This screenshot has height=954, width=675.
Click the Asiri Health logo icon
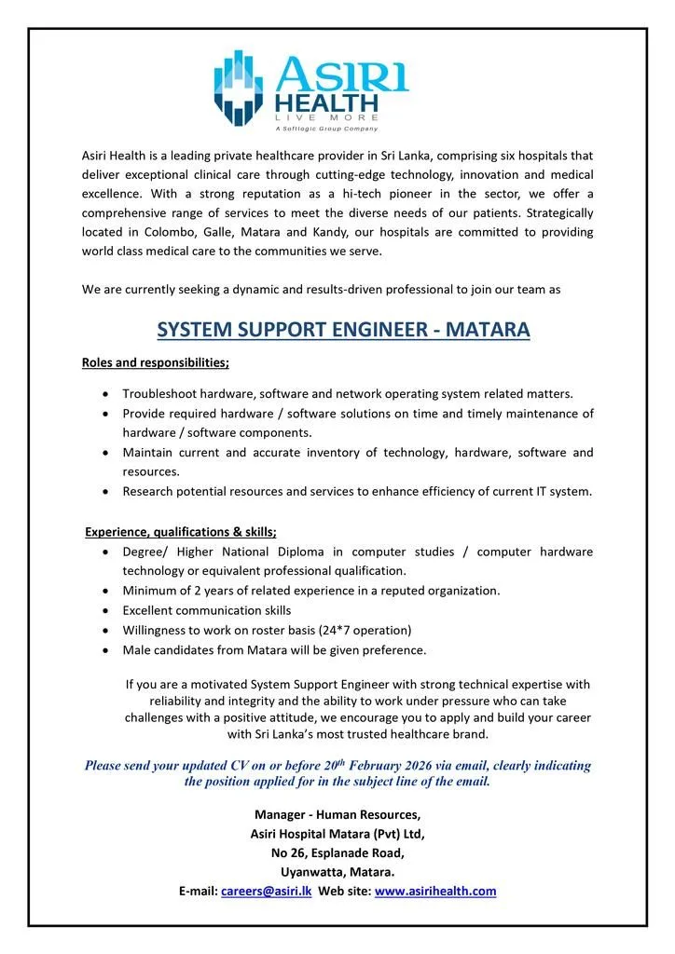(x=239, y=87)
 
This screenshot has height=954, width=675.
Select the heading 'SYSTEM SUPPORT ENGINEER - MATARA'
(x=343, y=330)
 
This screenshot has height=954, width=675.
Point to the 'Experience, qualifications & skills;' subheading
(x=181, y=532)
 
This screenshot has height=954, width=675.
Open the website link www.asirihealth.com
(x=435, y=891)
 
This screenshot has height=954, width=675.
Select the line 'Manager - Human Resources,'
(x=337, y=814)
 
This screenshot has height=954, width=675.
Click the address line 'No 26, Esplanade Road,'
(x=337, y=852)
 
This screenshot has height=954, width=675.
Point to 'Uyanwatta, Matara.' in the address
(x=337, y=872)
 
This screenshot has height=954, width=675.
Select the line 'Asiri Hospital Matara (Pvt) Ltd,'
(x=337, y=834)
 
